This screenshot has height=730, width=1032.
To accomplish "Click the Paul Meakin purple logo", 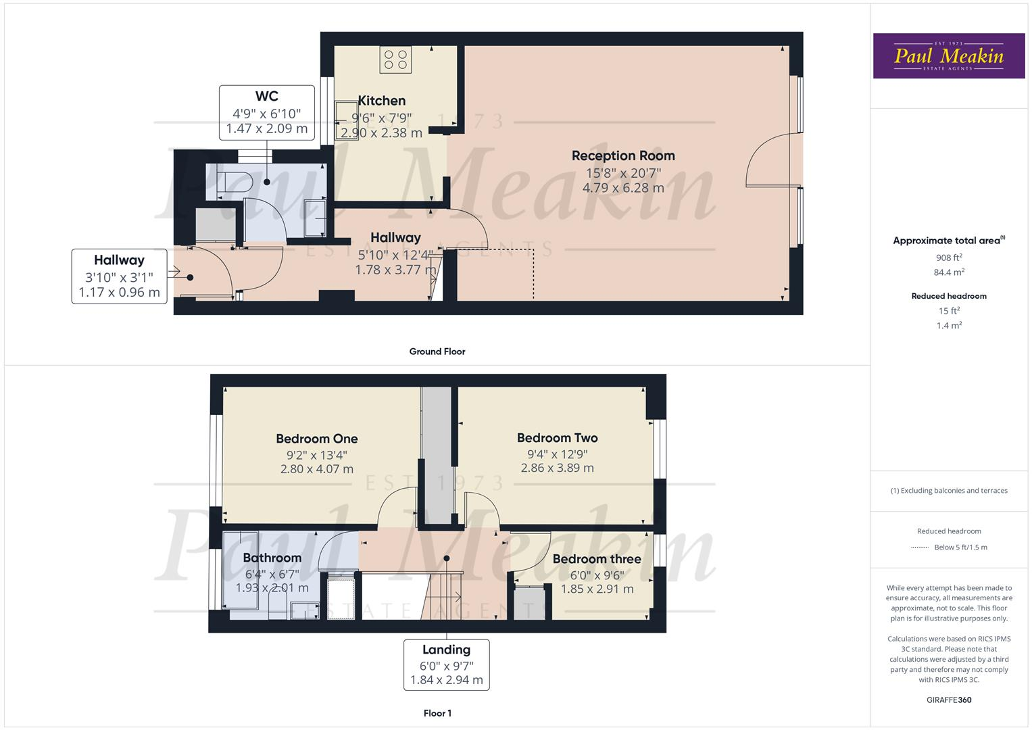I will [948, 56].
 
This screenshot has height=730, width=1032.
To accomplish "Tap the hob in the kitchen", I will [395, 59].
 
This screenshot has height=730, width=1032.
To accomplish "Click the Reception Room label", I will [622, 155].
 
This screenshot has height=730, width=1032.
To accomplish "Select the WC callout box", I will [267, 112].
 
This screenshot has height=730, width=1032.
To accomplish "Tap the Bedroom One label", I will [316, 439].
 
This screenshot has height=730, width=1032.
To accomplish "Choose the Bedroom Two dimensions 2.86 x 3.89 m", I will [557, 468].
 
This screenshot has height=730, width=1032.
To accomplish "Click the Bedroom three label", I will [596, 559].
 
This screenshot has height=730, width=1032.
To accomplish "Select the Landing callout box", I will [446, 664].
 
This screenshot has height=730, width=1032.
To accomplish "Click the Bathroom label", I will [272, 558].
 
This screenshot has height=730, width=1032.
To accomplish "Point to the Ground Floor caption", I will [437, 351].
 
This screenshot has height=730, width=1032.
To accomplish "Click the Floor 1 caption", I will [437, 713].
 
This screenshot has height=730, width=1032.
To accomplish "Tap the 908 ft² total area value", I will [948, 258].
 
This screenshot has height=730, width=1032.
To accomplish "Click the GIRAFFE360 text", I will [948, 700].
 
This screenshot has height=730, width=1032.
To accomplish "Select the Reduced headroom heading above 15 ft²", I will [948, 296].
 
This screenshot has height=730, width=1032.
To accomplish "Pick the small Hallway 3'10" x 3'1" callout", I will [120, 276].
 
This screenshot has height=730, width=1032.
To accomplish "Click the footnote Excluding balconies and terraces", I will [948, 491].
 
